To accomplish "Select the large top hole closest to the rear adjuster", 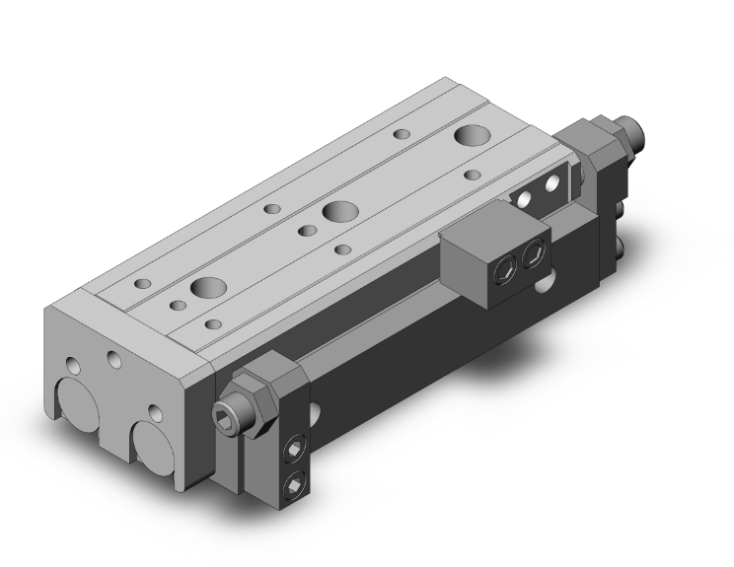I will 470,136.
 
